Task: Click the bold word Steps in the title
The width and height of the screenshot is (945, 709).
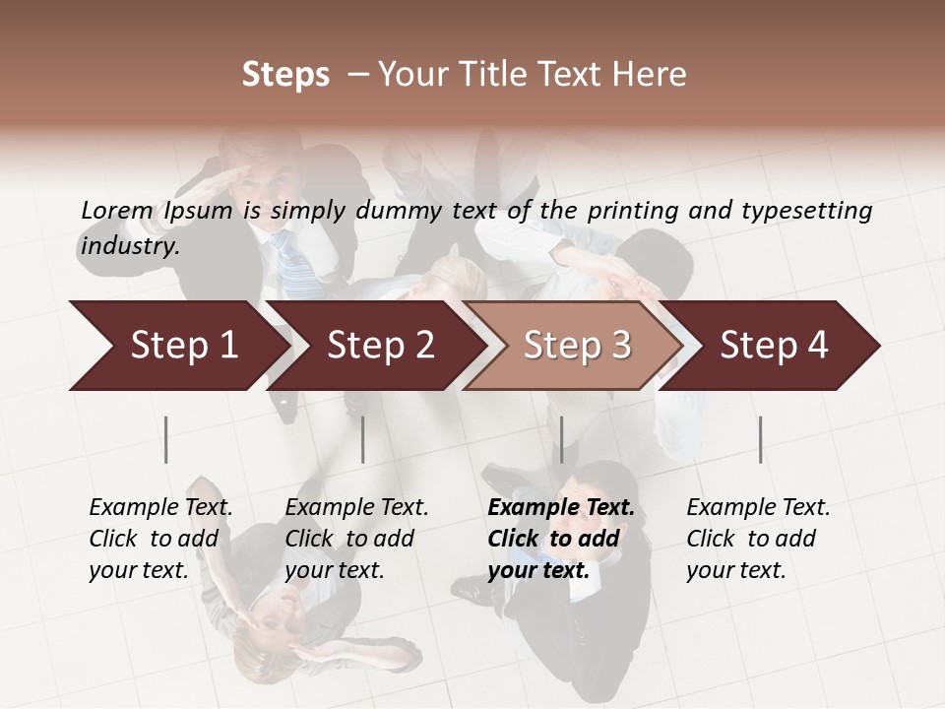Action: tap(285, 75)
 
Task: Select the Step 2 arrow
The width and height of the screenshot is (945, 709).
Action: tap(380, 346)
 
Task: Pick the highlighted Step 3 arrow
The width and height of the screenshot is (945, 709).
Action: tap(577, 346)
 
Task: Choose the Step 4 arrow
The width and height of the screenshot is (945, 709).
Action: tap(774, 346)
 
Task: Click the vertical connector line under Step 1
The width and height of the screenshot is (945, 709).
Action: tap(166, 439)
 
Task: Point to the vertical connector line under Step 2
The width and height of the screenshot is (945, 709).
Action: tap(363, 439)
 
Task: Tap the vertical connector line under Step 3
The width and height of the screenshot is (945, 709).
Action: tap(561, 439)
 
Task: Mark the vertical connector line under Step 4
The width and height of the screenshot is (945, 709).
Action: tap(760, 439)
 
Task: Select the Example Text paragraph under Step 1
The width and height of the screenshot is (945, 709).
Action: tap(160, 538)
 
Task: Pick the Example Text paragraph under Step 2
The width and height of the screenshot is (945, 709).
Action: tap(356, 538)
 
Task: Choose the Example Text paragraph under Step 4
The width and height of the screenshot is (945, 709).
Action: tap(758, 538)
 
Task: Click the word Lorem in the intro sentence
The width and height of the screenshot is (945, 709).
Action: tap(117, 210)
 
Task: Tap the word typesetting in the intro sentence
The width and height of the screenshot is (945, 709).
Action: tap(813, 210)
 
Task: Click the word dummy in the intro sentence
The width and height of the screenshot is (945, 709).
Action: tap(400, 210)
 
